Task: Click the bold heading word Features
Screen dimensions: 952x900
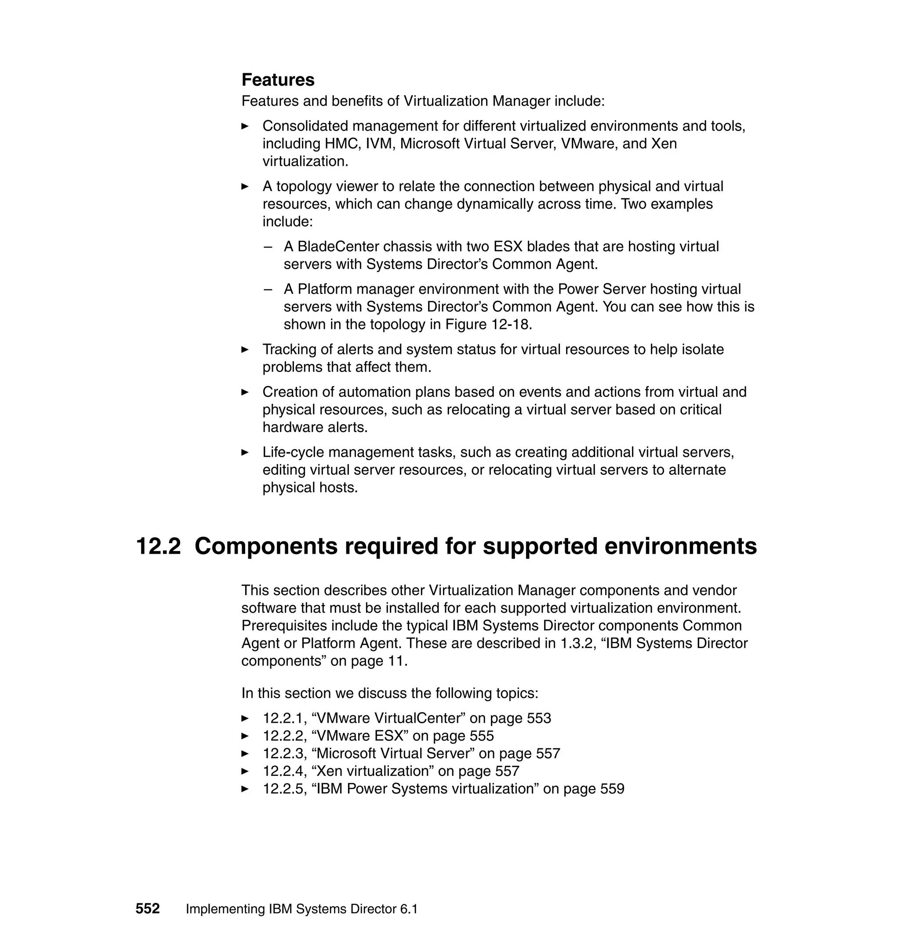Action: (x=278, y=79)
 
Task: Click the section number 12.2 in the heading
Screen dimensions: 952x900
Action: (x=158, y=546)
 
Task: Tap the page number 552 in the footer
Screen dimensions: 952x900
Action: (x=147, y=909)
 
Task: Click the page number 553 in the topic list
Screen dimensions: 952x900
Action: (x=539, y=718)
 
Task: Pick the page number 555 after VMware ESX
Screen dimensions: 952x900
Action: (x=482, y=736)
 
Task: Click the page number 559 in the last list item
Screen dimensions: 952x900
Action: (x=612, y=789)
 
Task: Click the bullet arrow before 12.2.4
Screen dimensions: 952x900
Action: (x=245, y=771)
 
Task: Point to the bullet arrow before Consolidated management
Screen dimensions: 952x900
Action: (x=245, y=126)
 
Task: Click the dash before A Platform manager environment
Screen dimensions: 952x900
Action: (x=268, y=289)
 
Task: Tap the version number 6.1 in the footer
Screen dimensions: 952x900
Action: (x=408, y=909)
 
